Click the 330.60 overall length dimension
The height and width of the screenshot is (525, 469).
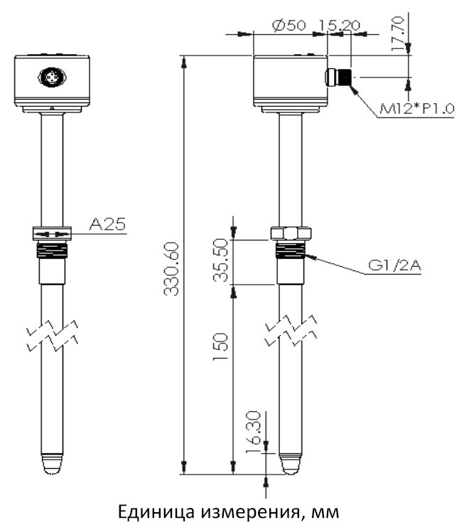click(x=171, y=269)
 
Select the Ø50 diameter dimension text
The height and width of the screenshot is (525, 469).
click(x=289, y=26)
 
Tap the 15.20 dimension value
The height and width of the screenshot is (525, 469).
click(x=339, y=26)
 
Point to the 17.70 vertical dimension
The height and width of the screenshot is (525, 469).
click(x=398, y=34)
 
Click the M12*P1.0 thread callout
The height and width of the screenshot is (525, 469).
click(x=417, y=108)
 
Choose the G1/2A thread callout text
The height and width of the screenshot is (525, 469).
click(x=394, y=265)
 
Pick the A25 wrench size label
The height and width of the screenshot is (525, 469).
click(x=107, y=224)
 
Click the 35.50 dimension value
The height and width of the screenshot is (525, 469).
click(x=220, y=260)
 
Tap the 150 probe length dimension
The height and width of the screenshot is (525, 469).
click(x=220, y=346)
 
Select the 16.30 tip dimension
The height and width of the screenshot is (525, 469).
click(x=253, y=432)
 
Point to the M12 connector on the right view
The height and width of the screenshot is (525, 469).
click(x=338, y=78)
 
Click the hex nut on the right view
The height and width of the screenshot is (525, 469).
click(x=291, y=233)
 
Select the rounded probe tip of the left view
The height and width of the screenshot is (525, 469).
click(x=52, y=465)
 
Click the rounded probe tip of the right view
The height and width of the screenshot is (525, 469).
click(x=291, y=464)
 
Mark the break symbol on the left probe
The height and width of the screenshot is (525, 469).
click(x=52, y=336)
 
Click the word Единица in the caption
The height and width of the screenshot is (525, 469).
click(x=156, y=511)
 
